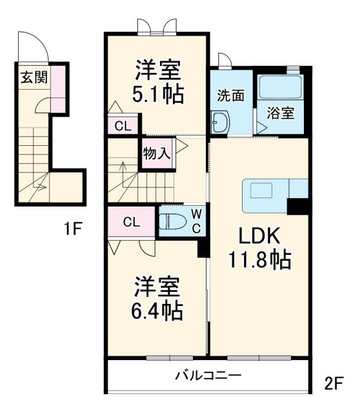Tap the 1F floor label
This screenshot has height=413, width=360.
pyautogui.click(x=74, y=229)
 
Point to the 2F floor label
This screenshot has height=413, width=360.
pyautogui.click(x=334, y=383)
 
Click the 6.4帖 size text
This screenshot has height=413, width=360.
pyautogui.click(x=158, y=310)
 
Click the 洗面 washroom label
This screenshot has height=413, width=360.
pyautogui.click(x=230, y=95)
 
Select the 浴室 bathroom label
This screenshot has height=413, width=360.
pyautogui.click(x=281, y=112)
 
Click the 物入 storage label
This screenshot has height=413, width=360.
pyautogui.click(x=156, y=154)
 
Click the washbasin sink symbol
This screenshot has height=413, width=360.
pyautogui.click(x=220, y=121)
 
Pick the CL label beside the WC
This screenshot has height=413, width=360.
pyautogui.click(x=131, y=223)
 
